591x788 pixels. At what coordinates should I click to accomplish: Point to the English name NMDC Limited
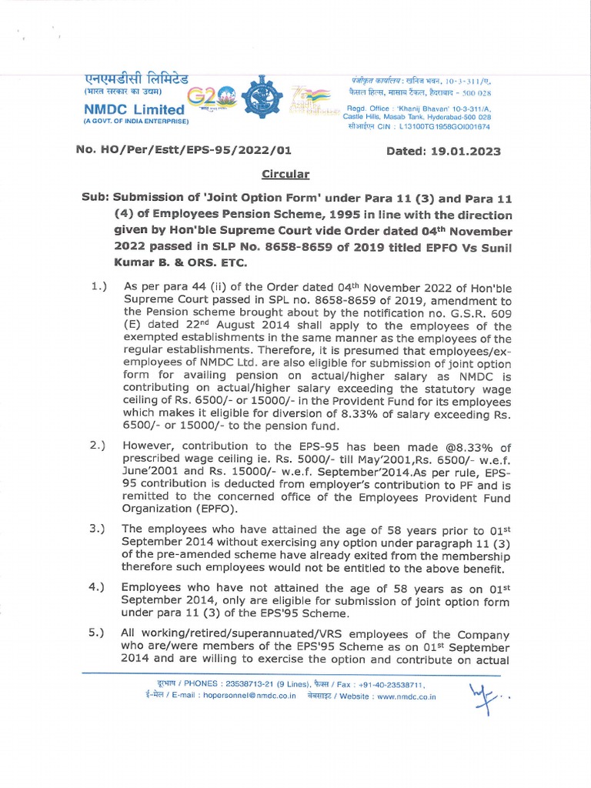coord(134,110)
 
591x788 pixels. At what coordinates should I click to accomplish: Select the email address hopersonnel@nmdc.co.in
coord(246,696)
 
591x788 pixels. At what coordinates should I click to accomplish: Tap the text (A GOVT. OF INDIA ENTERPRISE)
coord(135,122)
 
